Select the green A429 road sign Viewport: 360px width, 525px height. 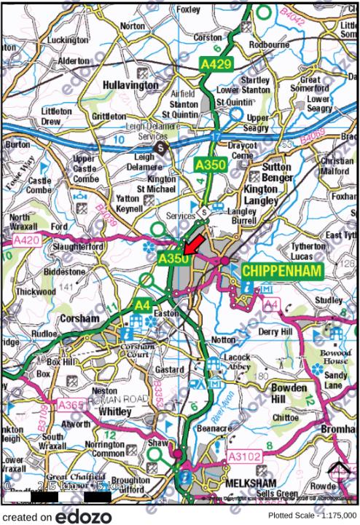[x=216, y=66]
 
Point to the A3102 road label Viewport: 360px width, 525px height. [x=237, y=457]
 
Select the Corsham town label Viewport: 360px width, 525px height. [x=80, y=319]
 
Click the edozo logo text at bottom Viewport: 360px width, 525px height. [x=85, y=516]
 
